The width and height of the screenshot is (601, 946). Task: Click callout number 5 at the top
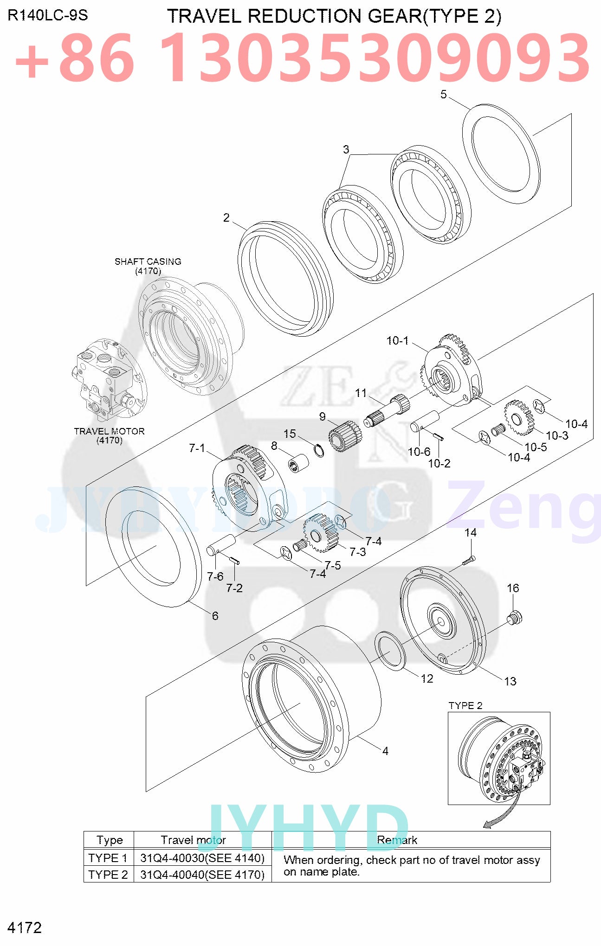443,95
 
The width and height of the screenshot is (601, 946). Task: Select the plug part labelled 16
515,618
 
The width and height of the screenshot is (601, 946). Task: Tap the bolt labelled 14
469,561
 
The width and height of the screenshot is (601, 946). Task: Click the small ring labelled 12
390,650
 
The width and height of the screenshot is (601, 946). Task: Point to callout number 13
510,681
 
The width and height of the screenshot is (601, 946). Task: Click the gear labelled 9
345,436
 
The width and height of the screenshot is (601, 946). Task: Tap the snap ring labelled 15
319,450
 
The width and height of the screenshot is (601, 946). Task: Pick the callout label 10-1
397,341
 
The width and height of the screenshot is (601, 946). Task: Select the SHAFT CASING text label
148,262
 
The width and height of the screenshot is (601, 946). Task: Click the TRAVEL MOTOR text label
109,431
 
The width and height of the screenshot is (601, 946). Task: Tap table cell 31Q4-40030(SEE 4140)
202,858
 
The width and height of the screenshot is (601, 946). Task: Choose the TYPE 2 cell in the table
108,875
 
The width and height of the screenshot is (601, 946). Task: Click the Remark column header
397,840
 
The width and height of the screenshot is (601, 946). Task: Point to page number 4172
25,927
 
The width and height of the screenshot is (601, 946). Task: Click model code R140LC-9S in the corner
47,16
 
